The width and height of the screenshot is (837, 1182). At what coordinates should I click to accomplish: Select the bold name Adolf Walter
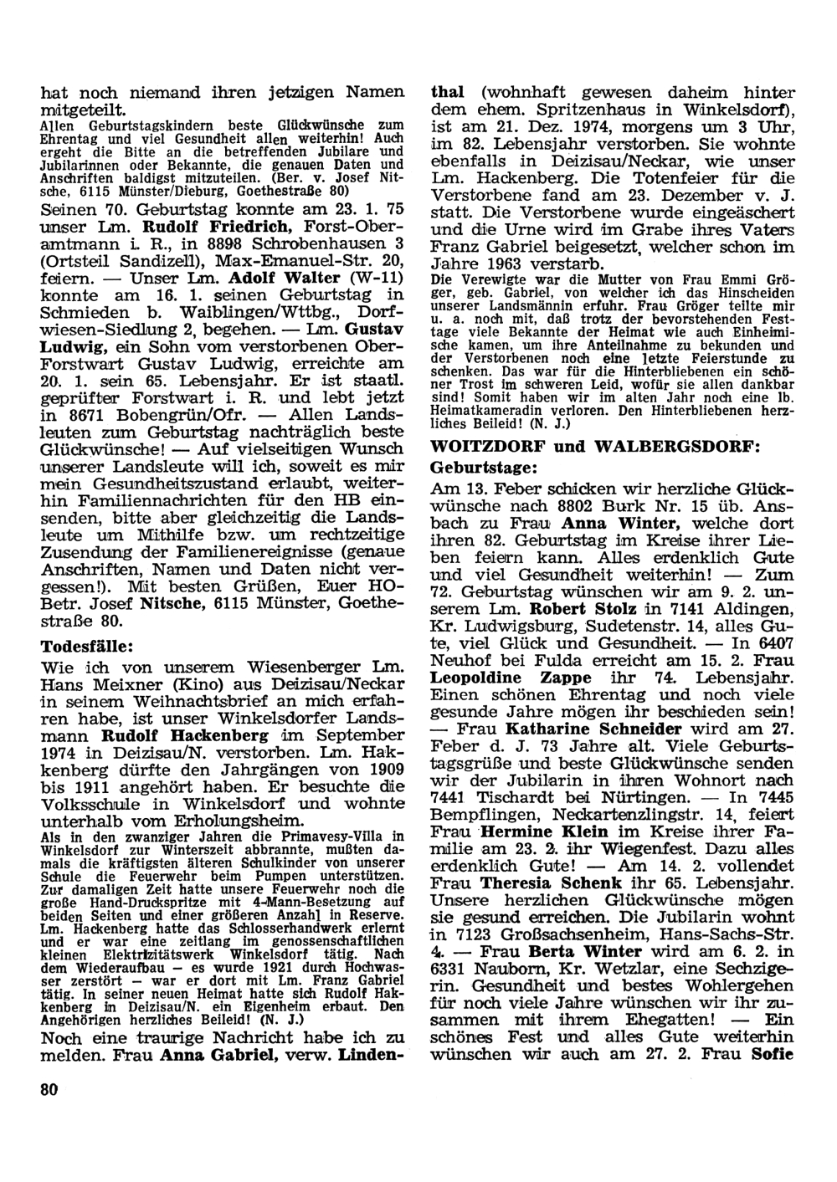coord(277,279)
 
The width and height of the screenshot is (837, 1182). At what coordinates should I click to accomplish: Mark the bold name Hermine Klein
coord(529,832)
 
